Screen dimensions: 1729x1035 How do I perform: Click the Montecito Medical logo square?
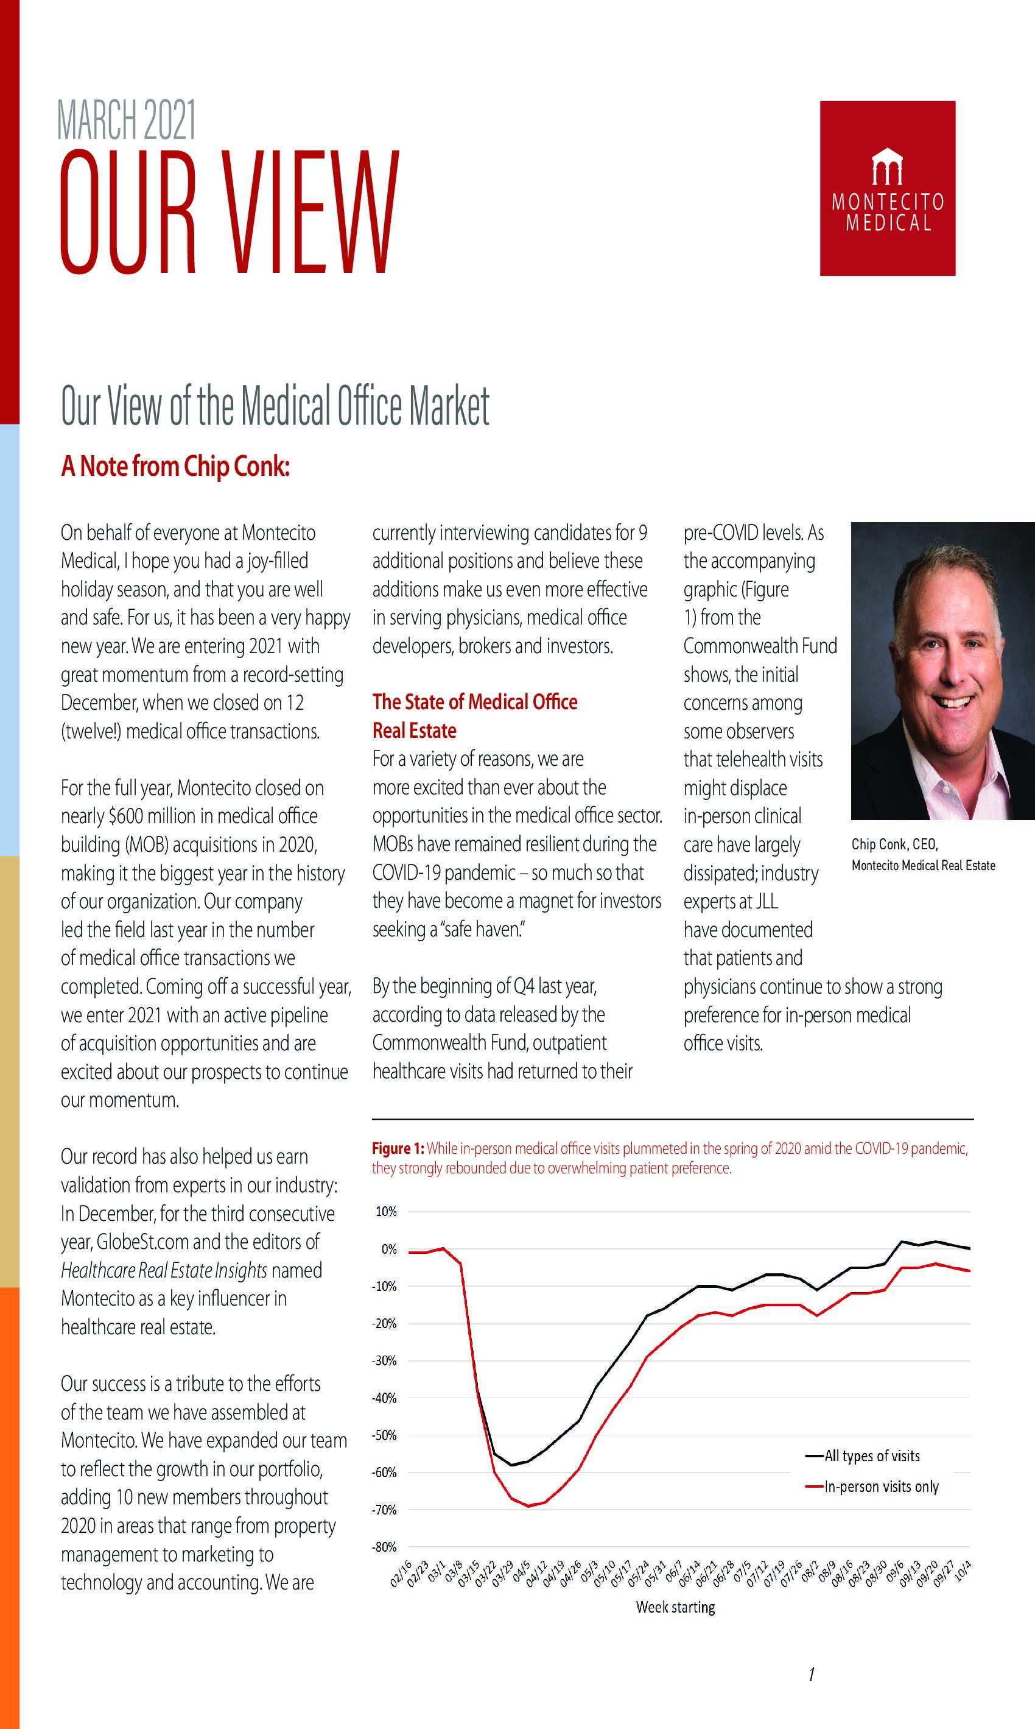pyautogui.click(x=887, y=188)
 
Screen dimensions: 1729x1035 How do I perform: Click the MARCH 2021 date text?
pyautogui.click(x=126, y=121)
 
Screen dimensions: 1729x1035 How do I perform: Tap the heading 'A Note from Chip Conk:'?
pyautogui.click(x=175, y=466)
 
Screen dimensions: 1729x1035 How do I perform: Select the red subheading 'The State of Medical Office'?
pyautogui.click(x=474, y=701)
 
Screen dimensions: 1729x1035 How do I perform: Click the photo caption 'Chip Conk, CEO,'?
pyautogui.click(x=895, y=844)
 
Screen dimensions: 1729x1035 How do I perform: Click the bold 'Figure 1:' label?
pyautogui.click(x=398, y=1148)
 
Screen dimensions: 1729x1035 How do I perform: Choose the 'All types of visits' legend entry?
pyautogui.click(x=871, y=1455)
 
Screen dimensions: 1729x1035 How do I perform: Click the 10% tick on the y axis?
pyautogui.click(x=385, y=1211)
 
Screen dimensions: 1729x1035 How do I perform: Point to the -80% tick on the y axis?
pyautogui.click(x=384, y=1547)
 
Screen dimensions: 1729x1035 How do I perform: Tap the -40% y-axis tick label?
pyautogui.click(x=384, y=1398)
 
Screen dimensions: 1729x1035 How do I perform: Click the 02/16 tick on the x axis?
pyautogui.click(x=402, y=1574)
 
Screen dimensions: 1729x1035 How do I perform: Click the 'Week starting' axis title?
pyautogui.click(x=675, y=1607)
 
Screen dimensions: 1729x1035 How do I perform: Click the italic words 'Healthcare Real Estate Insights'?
pyautogui.click(x=164, y=1270)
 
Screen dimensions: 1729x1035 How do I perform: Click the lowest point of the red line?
pyautogui.click(x=528, y=1506)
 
